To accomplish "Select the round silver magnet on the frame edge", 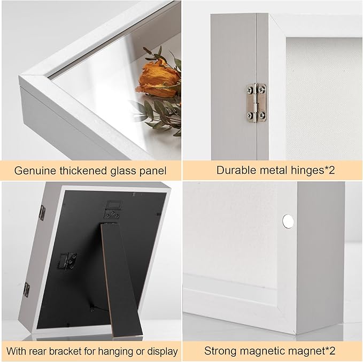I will pyautogui.click(x=288, y=219).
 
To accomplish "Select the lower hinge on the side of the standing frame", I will pyautogui.click(x=27, y=289).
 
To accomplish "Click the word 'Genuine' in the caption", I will pyautogui.click(x=34, y=171).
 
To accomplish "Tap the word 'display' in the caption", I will pyautogui.click(x=161, y=351).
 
